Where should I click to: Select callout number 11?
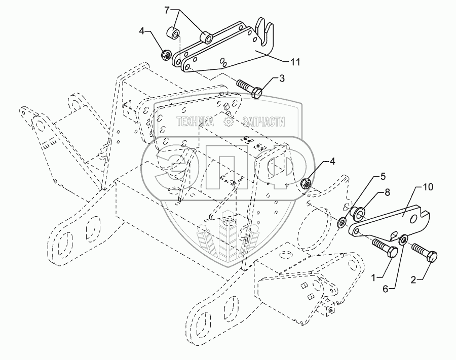tap(295, 62)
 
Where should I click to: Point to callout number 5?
tap(383, 177)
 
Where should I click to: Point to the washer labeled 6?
tap(404, 239)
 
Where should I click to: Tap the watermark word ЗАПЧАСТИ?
tap(263, 122)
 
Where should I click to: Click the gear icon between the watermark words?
tap(229, 122)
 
